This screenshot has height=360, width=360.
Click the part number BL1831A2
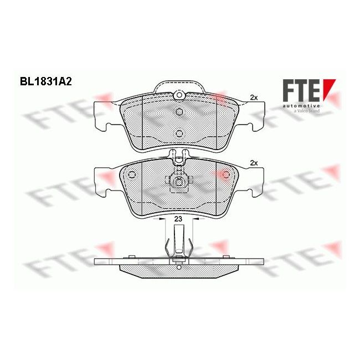[x=45, y=81]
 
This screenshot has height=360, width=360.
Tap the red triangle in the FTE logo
[x=328, y=88]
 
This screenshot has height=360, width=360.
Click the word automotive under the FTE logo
[x=301, y=106]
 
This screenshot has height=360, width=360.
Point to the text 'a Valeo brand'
[x=306, y=111]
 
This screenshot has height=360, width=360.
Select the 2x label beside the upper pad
[x=254, y=97]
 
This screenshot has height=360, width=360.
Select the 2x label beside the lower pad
[x=254, y=163]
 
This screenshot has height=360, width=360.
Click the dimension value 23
[x=178, y=219]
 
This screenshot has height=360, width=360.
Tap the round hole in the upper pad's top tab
[x=179, y=95]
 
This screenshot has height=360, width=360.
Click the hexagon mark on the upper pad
[x=179, y=112]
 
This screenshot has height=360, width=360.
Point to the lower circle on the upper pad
[x=179, y=133]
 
